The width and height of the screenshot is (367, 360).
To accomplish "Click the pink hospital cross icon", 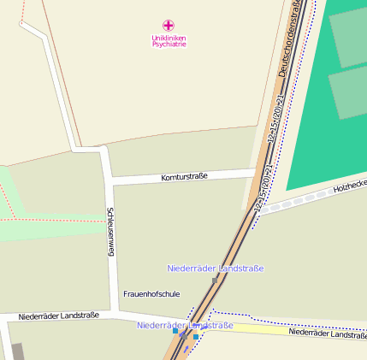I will point(168,26).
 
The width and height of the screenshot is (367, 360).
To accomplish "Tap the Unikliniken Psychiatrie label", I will point(169,41).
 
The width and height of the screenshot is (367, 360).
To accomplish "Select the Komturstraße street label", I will point(184,177).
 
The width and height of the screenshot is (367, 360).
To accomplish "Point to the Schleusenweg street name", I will point(110,232).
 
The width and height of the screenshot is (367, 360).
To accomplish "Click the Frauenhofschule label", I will point(151,293).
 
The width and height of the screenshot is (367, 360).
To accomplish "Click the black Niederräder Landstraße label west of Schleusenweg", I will point(58,316).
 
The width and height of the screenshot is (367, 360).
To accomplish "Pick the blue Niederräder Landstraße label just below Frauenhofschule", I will point(185,326).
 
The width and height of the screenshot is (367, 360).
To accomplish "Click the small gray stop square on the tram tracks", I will point(215,280).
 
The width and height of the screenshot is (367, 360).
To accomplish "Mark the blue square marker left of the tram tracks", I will point(175,331).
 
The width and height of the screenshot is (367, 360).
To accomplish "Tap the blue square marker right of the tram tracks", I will point(196,337).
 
